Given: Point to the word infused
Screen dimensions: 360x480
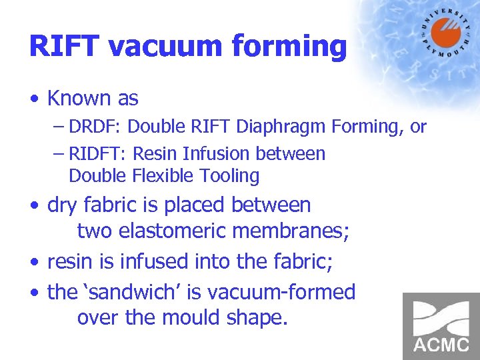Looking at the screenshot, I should coord(154,261).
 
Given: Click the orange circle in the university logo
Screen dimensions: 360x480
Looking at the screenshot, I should coord(445,34).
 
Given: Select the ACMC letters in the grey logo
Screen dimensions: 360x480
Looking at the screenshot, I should coord(441,346).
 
